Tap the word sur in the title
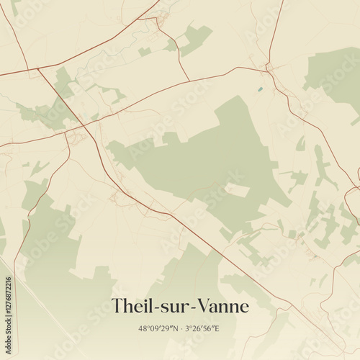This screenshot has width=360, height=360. pyautogui.click(x=176, y=307)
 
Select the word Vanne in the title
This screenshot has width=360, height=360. pyautogui.click(x=222, y=306)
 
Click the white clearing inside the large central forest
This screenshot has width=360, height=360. pyautogui.click(x=238, y=190)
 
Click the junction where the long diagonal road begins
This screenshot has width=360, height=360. pyautogui.click(x=37, y=70)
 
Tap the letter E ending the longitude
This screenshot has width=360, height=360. pyautogui.click(x=217, y=328)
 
